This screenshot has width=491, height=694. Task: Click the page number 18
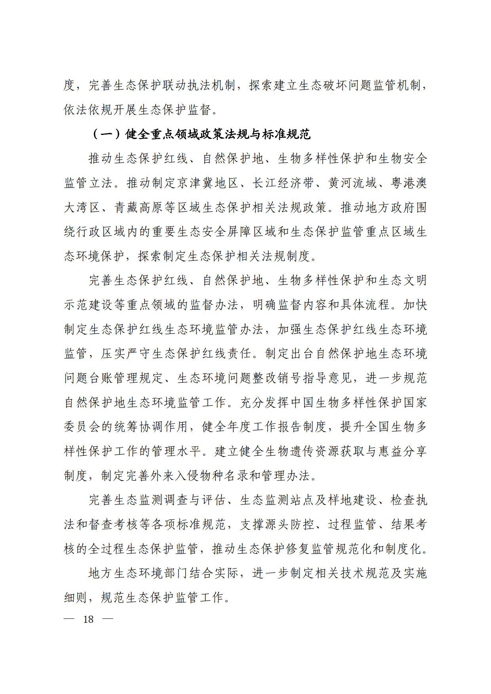click(x=88, y=619)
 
